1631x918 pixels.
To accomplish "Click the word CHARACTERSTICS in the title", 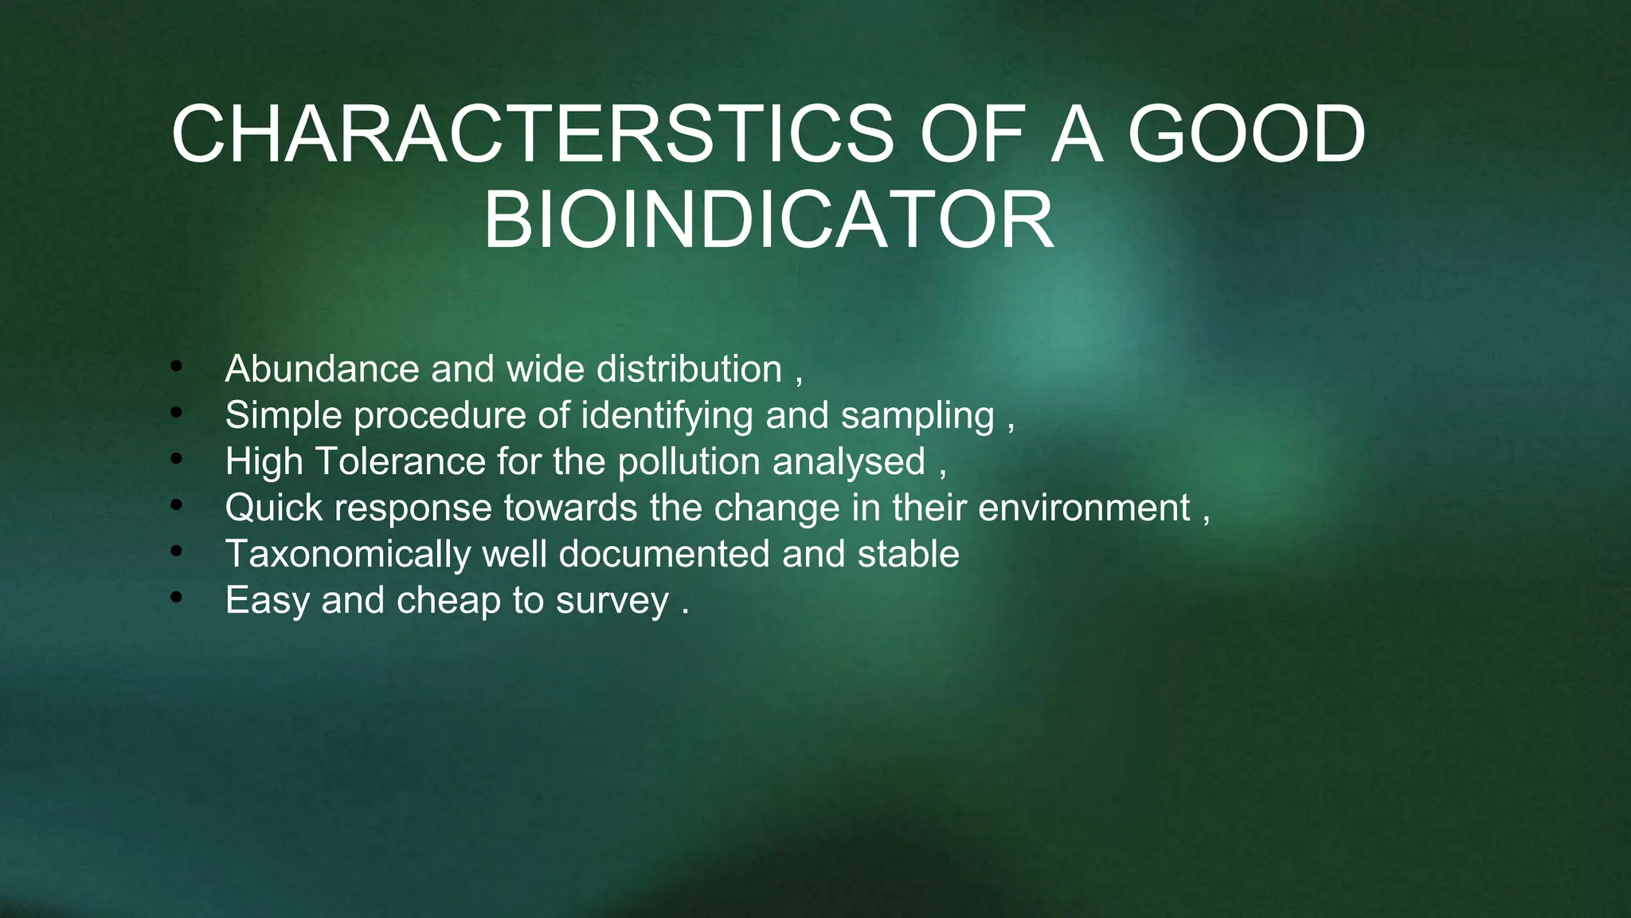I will click(533, 135).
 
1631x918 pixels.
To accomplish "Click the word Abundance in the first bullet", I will click(322, 369).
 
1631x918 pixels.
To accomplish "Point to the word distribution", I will click(689, 369).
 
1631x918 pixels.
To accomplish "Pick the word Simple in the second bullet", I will click(284, 415).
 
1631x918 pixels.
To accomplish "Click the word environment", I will click(1084, 508).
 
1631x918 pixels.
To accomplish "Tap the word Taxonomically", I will click(348, 555).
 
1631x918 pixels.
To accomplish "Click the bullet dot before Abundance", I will click(176, 367).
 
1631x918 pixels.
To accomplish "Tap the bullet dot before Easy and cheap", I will click(176, 598).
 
